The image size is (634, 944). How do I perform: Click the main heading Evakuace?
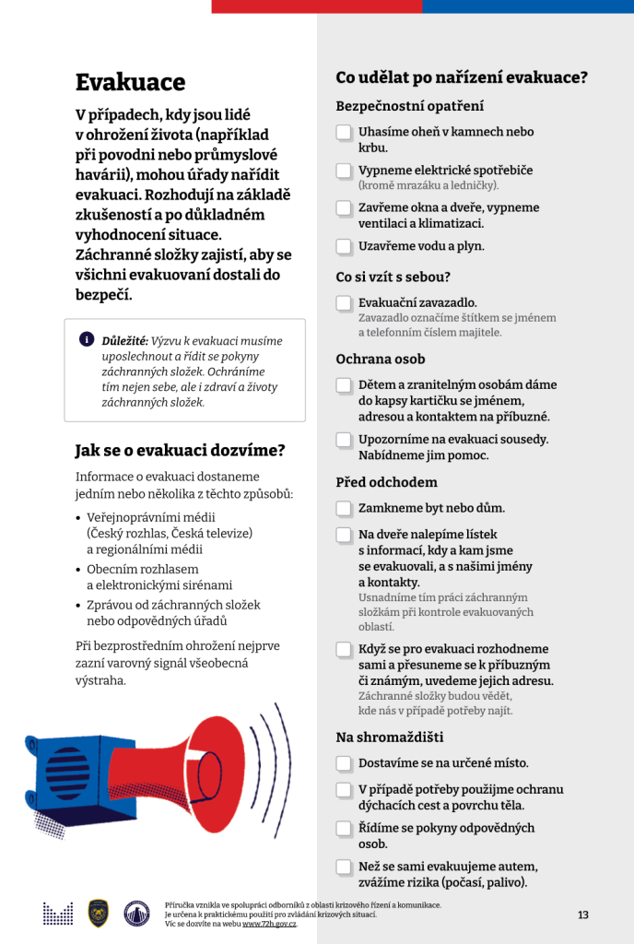(x=130, y=82)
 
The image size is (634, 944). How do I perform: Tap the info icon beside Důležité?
(x=87, y=338)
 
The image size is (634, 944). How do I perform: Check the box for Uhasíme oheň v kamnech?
(x=344, y=133)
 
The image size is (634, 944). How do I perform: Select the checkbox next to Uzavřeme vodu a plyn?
(x=344, y=246)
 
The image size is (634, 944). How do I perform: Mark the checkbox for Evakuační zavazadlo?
(x=344, y=303)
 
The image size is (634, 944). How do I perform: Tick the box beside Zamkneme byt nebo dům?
(x=344, y=508)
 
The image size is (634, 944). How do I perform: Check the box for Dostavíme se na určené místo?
(x=344, y=763)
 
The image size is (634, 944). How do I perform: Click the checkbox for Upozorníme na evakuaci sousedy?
(x=344, y=440)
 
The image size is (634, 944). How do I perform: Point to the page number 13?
(x=582, y=914)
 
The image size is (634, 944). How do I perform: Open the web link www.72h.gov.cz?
(x=270, y=923)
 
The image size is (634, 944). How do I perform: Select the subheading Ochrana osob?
(x=381, y=360)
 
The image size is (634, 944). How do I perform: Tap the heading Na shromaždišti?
(x=389, y=737)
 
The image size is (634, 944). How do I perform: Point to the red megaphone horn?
(x=203, y=765)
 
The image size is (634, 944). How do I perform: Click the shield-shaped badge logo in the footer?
(x=99, y=913)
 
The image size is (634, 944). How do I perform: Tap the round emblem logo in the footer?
(x=136, y=913)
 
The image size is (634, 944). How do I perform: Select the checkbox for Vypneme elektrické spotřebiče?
(x=344, y=171)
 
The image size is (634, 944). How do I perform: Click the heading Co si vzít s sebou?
(x=393, y=277)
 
